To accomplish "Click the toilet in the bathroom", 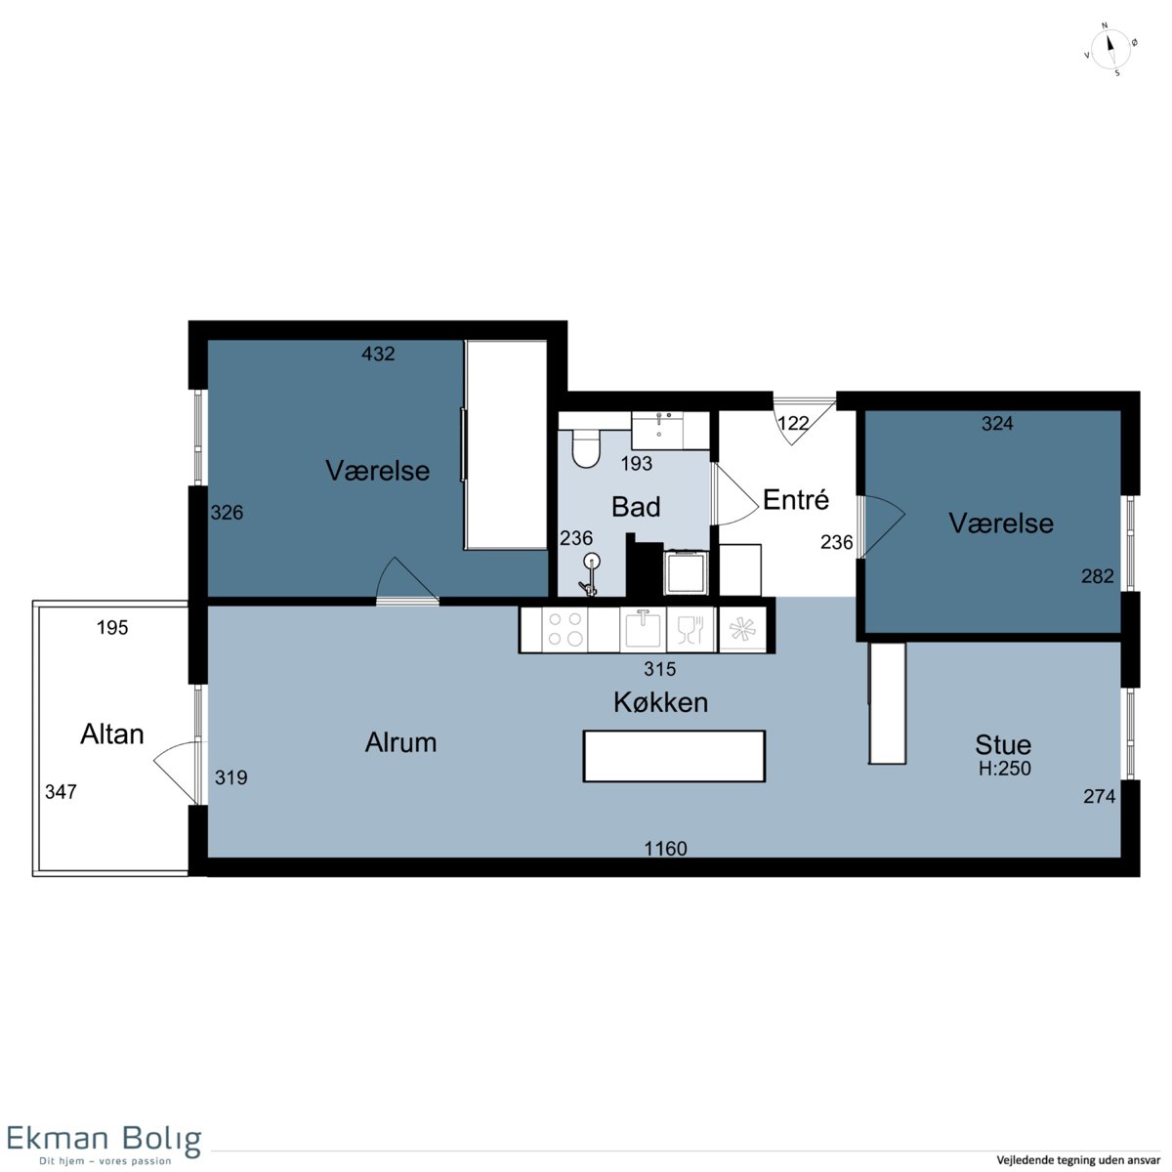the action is point(586,447).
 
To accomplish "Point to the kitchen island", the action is point(673,756).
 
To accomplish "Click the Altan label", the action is point(112,734).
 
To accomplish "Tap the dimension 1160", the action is point(665,849).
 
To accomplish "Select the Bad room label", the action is point(636,507).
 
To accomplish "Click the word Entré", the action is point(796,499).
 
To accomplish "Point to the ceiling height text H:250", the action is point(1005,769).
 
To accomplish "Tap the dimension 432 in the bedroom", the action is point(378,354).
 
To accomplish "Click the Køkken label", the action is point(660,702).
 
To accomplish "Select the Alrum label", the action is point(400,742).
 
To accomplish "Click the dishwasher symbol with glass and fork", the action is point(691,628).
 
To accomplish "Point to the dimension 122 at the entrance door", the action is point(794,423).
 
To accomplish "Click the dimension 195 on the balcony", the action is point(112,627).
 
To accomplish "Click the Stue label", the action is point(1003,745).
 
